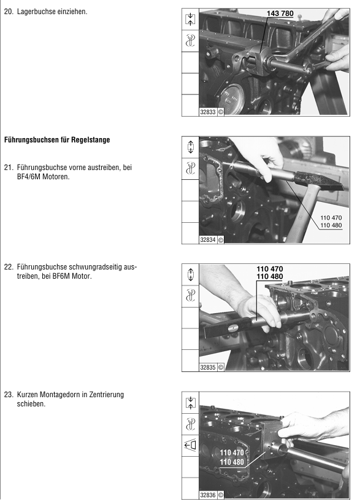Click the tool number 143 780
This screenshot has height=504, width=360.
280,14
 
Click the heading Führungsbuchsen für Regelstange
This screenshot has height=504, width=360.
57,140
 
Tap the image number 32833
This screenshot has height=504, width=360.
208,112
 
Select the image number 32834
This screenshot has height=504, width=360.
208,240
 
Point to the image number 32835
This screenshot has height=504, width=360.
208,367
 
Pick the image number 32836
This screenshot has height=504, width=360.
208,495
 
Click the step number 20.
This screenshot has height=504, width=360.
9,12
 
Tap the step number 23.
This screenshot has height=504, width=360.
9,395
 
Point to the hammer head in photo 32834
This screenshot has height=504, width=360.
318,180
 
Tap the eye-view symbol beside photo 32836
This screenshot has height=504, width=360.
190,446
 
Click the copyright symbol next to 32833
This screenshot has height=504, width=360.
220,112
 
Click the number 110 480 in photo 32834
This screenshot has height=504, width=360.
331,225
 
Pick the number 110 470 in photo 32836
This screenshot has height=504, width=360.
232,453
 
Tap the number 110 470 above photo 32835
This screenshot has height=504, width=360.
270,269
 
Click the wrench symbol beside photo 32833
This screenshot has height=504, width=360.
190,41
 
